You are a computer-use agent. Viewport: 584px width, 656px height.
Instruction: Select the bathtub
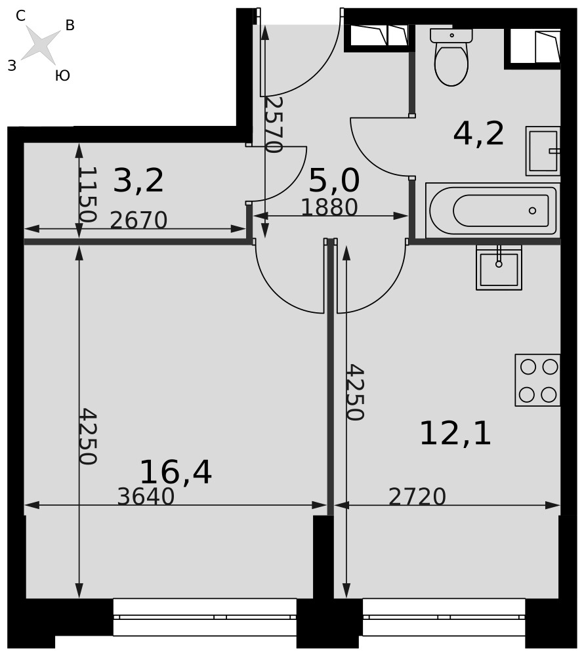(x=493, y=210)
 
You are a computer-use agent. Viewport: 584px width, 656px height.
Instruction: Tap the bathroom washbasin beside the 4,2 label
(x=543, y=151)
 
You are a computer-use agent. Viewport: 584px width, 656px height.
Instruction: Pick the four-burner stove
(x=537, y=380)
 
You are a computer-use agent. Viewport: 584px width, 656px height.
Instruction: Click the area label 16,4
(x=176, y=472)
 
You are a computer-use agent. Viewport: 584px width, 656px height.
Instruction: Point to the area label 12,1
(x=455, y=433)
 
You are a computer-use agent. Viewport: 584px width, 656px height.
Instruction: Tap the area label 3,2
(x=138, y=181)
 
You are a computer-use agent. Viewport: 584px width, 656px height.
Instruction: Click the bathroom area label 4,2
(x=478, y=134)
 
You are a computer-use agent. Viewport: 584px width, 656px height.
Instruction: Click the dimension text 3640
(x=146, y=497)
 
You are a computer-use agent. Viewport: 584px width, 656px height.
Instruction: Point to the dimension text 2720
(x=417, y=497)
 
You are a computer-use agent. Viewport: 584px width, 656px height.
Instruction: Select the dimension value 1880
(x=329, y=207)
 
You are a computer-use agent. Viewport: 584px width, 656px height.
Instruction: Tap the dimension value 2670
(x=138, y=220)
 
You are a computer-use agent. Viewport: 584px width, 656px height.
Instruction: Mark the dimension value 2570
(x=274, y=125)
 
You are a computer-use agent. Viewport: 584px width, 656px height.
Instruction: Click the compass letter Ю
(x=62, y=75)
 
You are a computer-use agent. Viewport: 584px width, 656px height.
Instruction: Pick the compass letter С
(x=20, y=16)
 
